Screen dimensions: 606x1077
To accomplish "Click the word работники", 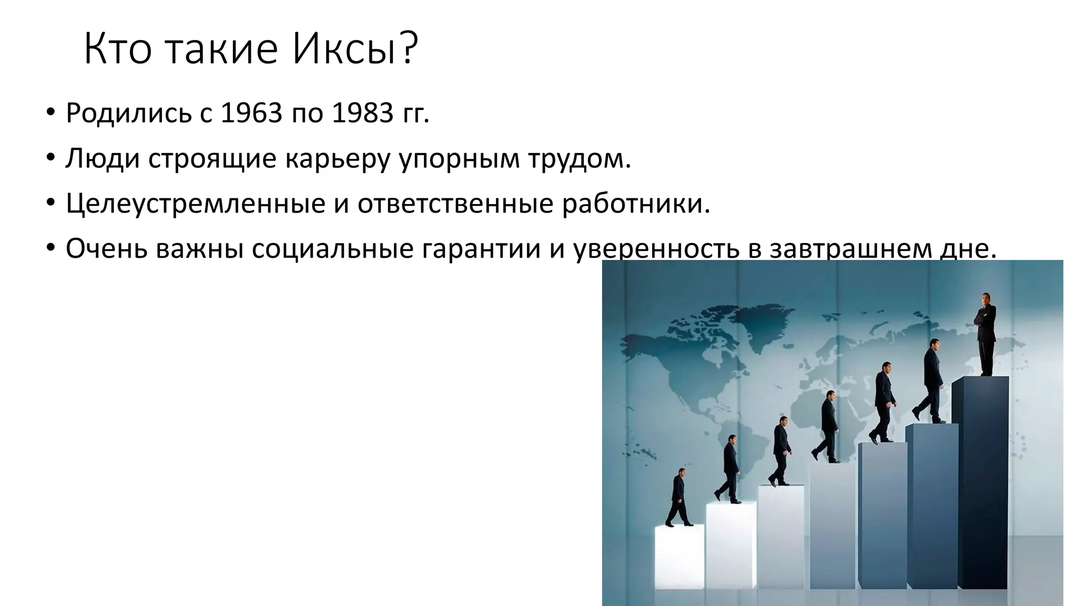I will click(636, 203).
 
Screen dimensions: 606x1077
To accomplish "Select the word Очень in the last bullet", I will click(107, 249).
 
